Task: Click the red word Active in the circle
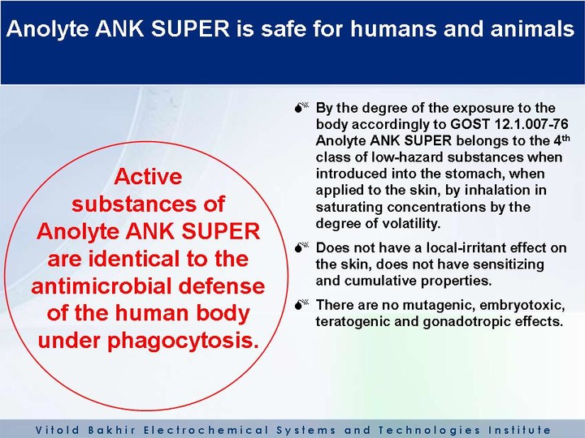148,177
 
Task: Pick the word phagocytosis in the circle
183,341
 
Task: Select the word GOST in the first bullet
470,124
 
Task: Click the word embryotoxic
522,306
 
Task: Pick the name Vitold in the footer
58,430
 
